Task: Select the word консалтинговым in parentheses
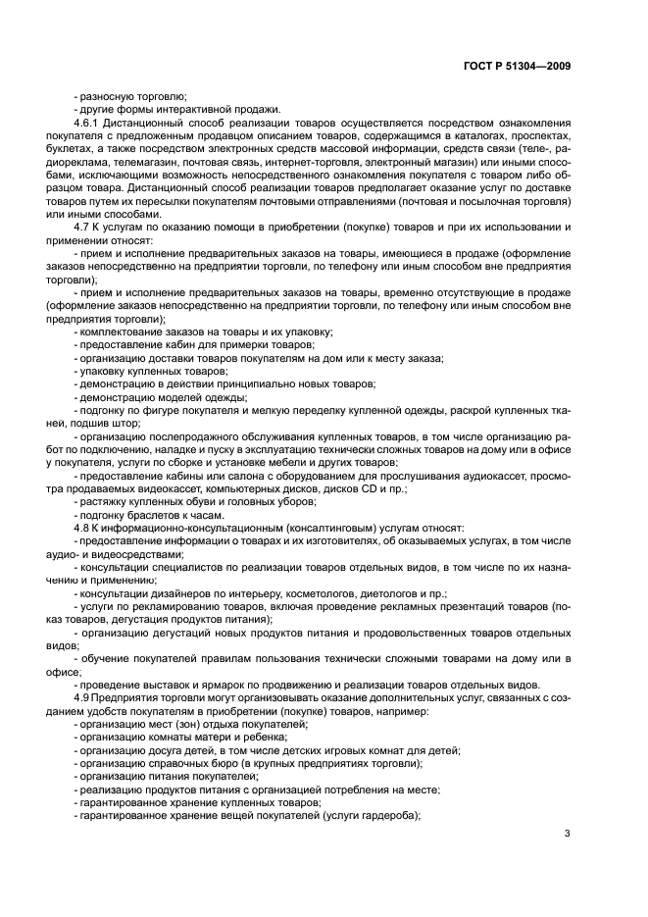tap(274, 529)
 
